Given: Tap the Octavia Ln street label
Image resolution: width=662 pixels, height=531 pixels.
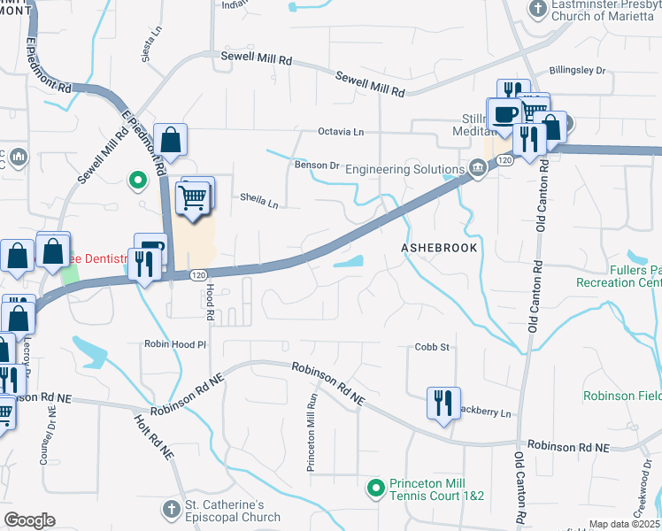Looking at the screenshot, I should click(x=341, y=132).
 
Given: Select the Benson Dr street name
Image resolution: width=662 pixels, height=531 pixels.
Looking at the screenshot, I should click(x=317, y=165).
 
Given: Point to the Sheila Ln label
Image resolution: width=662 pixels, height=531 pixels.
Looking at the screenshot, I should click(x=259, y=203).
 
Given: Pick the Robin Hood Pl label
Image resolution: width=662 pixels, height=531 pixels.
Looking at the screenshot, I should click(x=175, y=343).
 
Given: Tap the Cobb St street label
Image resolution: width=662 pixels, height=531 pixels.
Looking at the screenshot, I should click(x=433, y=348).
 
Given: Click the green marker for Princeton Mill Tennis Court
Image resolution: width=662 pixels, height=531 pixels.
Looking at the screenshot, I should click(x=375, y=486).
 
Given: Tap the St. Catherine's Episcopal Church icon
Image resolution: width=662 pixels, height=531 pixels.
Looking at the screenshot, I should click(x=172, y=509).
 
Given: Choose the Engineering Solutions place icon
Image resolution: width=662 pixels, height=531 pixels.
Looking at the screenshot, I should click(x=478, y=168).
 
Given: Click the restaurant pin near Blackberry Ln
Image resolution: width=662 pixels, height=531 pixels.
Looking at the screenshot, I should click(x=441, y=402).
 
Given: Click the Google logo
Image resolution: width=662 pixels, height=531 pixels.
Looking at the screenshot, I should click(x=28, y=519).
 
